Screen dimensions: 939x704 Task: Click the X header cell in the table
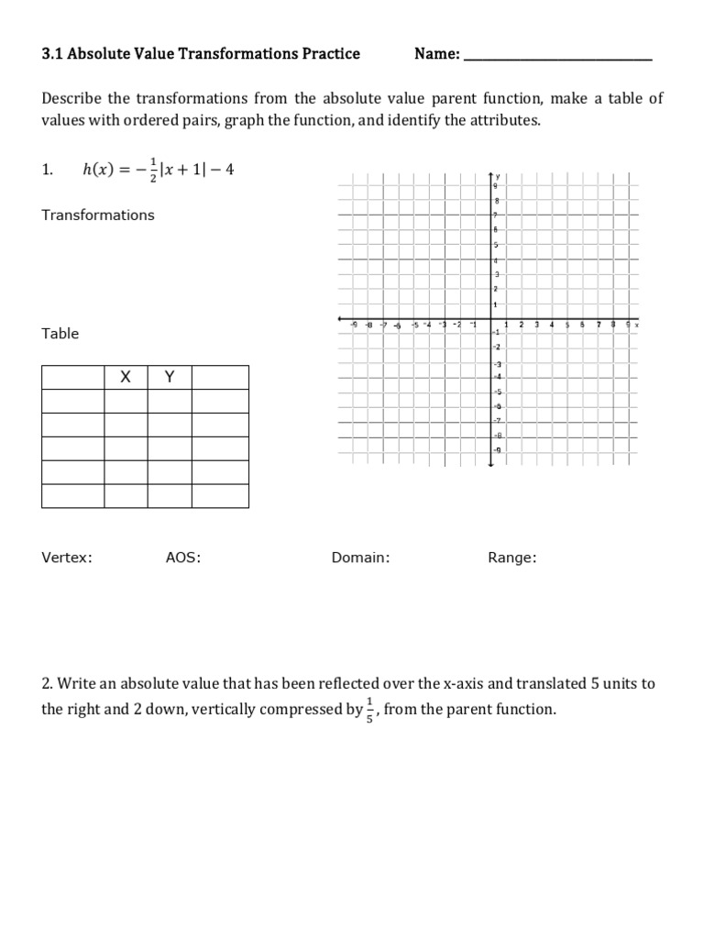126,377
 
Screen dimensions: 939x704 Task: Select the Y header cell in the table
170,377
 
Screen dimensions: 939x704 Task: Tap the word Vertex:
67,558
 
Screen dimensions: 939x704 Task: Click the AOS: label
182,558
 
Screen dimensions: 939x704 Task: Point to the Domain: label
360,558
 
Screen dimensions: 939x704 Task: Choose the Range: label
512,558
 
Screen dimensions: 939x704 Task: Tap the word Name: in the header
437,54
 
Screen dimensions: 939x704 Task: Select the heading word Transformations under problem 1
98,215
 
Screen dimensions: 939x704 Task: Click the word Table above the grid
60,334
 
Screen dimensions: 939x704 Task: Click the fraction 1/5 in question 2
369,710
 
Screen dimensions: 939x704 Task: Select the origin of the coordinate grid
490,320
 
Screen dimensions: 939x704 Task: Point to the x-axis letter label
637,326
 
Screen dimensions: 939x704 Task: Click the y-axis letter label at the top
499,175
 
